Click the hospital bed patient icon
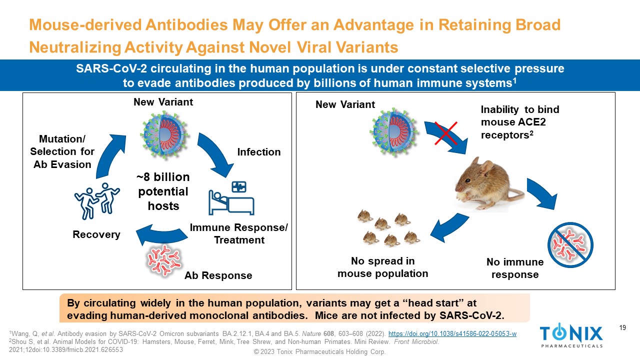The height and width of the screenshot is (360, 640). [231, 198]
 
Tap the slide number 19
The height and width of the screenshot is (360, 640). [622, 328]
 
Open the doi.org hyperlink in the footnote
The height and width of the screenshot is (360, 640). [452, 334]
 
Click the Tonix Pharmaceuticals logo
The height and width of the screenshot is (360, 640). [571, 335]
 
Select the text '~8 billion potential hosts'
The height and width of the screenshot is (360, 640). [163, 191]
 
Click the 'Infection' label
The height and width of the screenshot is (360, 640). [259, 152]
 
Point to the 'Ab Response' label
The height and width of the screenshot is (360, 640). [218, 275]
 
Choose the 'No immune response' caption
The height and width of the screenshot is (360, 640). [514, 268]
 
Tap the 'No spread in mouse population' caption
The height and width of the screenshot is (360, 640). [383, 267]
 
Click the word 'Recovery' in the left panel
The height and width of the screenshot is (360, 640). [96, 234]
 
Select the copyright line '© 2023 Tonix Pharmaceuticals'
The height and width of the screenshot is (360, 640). [320, 352]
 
